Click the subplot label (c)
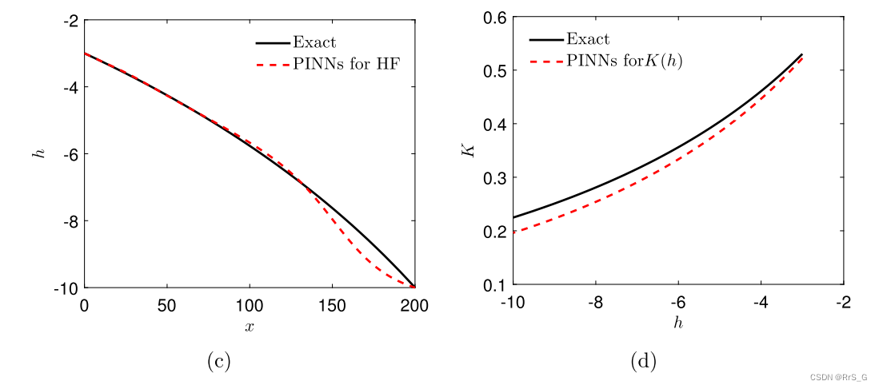218,361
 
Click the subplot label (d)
643,361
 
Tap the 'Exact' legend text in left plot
315,42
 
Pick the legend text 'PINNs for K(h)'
625,61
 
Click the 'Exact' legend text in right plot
588,39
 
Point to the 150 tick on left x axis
332,304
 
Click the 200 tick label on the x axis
414,304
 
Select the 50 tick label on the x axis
167,304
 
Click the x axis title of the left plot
250,326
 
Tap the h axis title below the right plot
678,324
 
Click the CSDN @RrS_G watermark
841,377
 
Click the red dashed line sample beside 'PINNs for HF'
274,65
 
